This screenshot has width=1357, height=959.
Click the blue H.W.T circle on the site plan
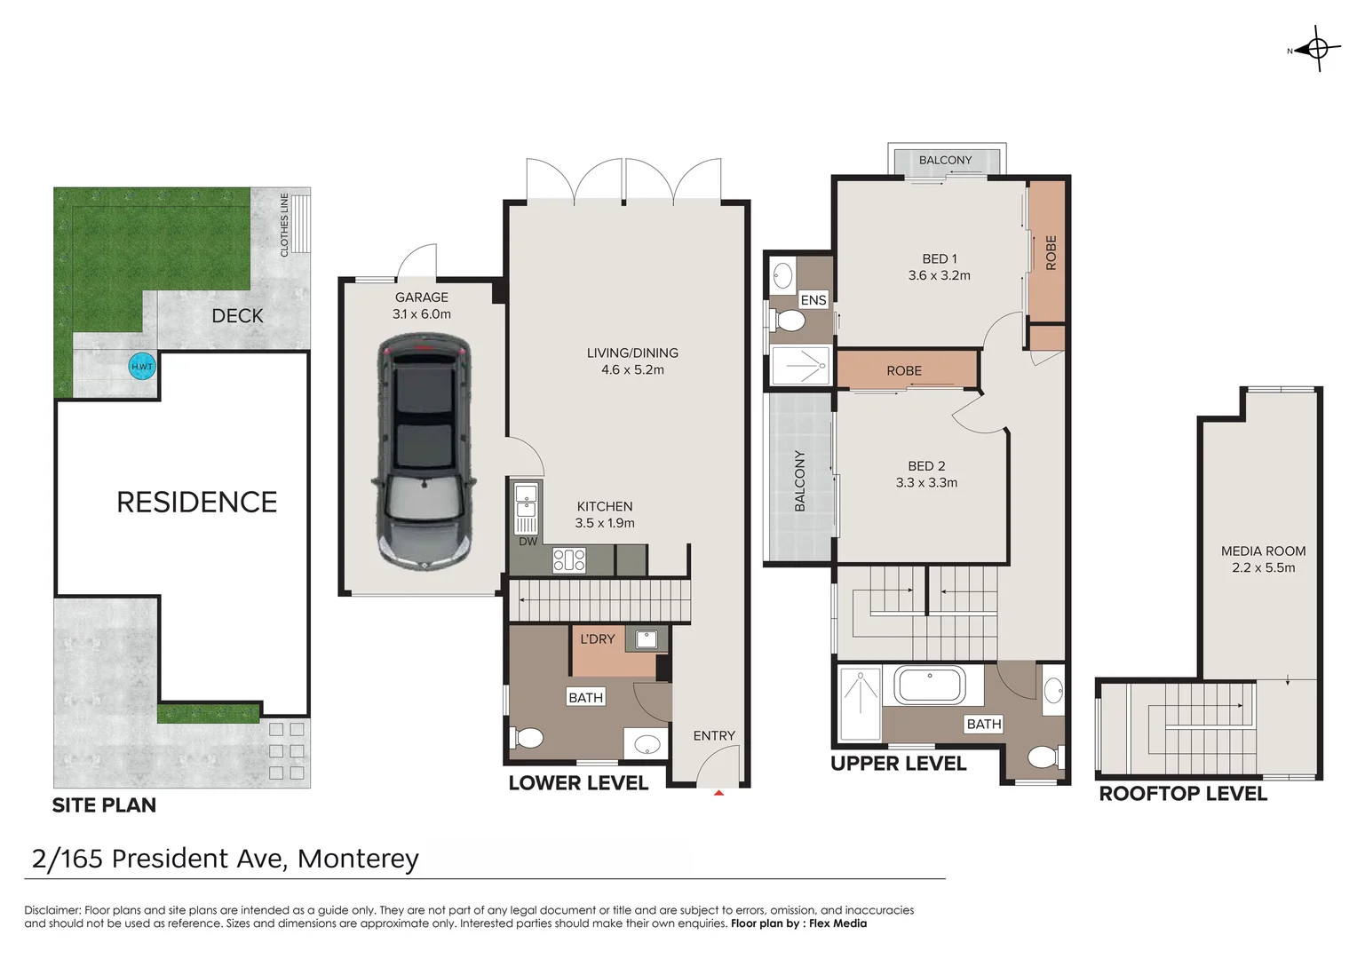142,367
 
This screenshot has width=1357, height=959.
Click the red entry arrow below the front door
718,792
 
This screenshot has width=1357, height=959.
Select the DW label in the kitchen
528,542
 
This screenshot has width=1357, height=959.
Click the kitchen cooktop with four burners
569,559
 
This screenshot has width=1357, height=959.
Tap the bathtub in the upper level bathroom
930,686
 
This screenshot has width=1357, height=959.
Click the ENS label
813,300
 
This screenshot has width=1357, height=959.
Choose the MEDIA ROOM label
1263,551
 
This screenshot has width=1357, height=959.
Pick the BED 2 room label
926,466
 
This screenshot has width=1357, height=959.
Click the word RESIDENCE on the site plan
197,503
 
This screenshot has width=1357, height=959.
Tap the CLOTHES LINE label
284,225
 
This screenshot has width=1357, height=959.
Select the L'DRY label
598,638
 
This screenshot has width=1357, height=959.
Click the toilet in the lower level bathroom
528,738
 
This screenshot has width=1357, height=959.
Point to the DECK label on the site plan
237,315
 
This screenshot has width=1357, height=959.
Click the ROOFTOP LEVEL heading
1183,794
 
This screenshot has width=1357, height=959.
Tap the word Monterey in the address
358,859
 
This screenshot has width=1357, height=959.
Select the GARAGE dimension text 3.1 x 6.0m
422,313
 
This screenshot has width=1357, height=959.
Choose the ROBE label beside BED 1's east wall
1051,252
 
